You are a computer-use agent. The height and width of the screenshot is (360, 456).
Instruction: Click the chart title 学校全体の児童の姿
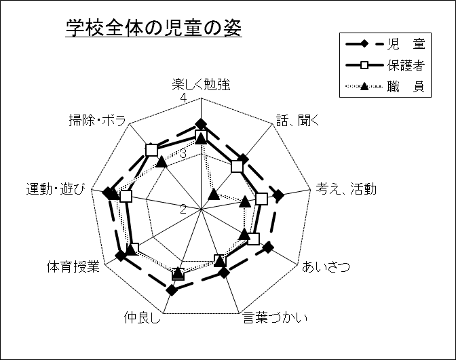click(154, 28)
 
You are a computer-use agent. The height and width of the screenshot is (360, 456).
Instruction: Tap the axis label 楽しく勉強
click(201, 85)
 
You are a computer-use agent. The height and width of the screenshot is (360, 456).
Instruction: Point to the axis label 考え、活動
click(346, 190)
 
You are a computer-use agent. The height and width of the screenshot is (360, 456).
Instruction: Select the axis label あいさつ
click(326, 266)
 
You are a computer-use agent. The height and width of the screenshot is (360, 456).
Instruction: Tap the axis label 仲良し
click(142, 317)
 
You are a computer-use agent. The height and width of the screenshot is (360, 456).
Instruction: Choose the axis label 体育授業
click(73, 266)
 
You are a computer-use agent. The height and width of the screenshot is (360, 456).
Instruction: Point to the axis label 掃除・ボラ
click(97, 121)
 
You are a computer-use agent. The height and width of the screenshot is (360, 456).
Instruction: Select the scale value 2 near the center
click(183, 207)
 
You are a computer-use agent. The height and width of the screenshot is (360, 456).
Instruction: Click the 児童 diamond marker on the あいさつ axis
click(268, 247)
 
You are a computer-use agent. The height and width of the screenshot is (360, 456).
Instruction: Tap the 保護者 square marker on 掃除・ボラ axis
click(152, 149)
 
